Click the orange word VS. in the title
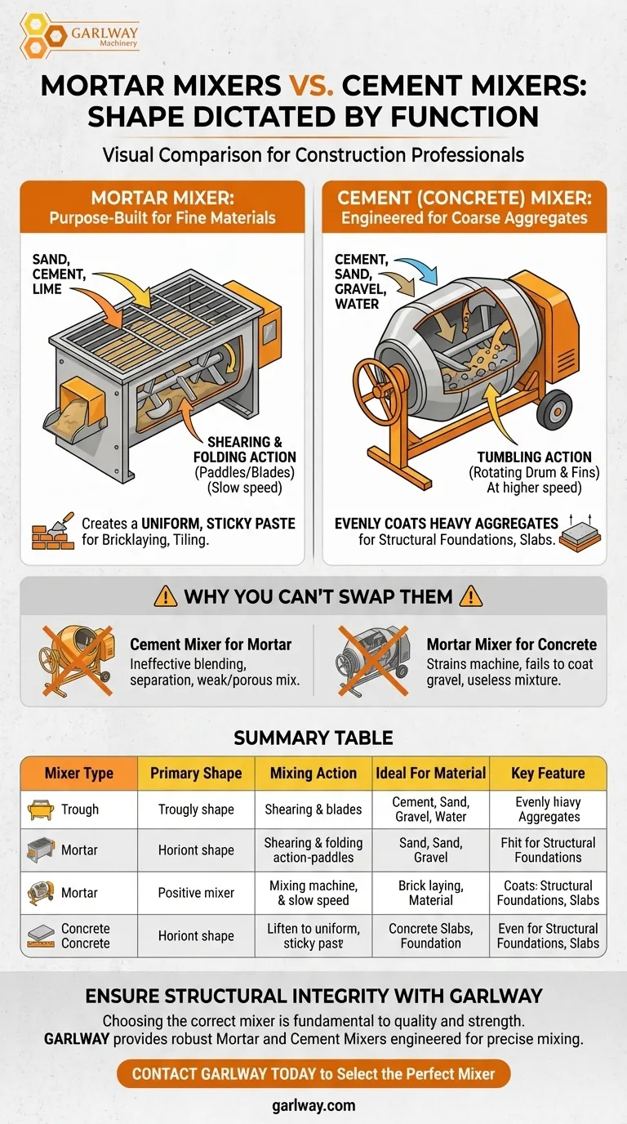(312, 85)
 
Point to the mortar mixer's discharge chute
(75, 412)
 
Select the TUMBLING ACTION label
(534, 457)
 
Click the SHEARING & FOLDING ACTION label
(245, 449)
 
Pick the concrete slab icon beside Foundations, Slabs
(580, 535)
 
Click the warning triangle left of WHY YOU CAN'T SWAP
(166, 596)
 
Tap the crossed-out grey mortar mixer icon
(373, 660)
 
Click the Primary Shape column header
(196, 774)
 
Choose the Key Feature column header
(549, 774)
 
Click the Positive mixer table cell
(196, 893)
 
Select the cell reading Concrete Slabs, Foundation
(431, 935)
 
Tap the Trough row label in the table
(80, 810)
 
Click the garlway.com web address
(313, 1105)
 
